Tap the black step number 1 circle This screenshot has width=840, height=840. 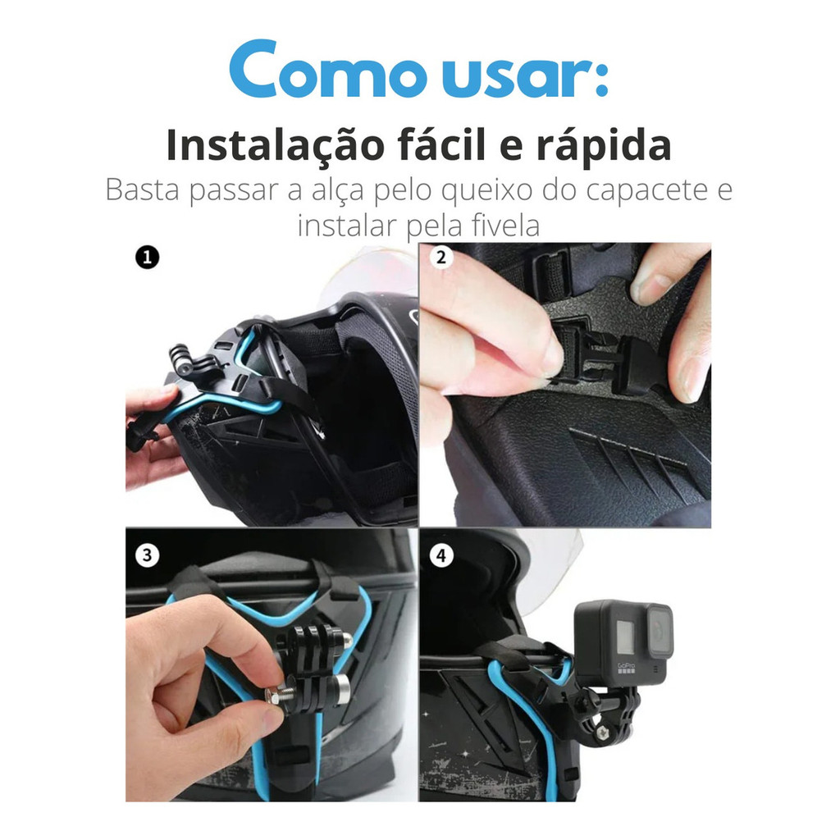pyautogui.click(x=148, y=257)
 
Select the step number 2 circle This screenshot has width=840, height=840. pyautogui.click(x=441, y=257)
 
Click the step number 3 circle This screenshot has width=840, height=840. pyautogui.click(x=148, y=555)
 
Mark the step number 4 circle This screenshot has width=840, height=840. pyautogui.click(x=441, y=555)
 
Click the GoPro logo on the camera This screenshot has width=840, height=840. pyautogui.click(x=626, y=668)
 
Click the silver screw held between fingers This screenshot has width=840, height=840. pyautogui.click(x=276, y=697)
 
